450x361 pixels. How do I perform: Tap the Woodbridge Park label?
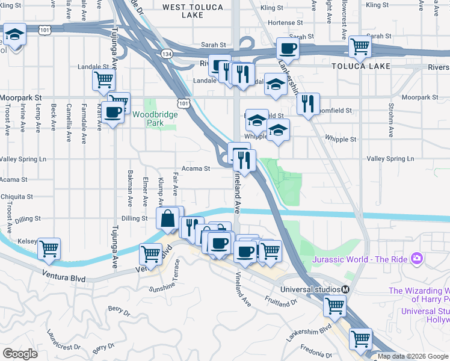[x=148, y=119]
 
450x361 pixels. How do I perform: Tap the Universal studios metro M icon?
[x=345, y=289]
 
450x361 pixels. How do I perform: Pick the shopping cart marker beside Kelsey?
[x=49, y=248]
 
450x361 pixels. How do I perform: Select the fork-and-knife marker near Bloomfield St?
[x=308, y=104]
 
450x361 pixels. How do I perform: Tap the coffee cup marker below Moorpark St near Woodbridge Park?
[x=112, y=112]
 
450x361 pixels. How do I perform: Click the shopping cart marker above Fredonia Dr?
[x=360, y=339]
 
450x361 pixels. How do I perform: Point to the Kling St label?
[x=272, y=8]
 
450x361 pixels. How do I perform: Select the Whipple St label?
[x=344, y=139]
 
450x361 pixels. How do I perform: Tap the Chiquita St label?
[x=16, y=197]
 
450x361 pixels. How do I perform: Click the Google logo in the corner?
[x=20, y=354]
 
